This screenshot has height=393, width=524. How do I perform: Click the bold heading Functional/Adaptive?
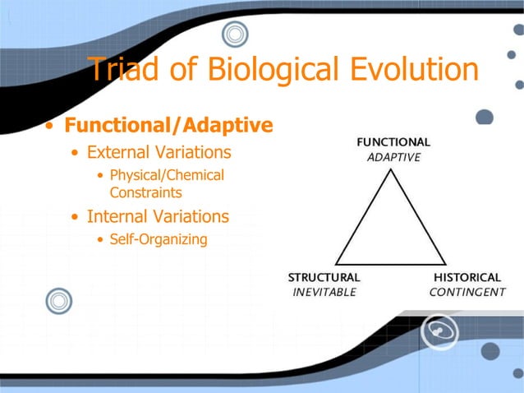pos(168,126)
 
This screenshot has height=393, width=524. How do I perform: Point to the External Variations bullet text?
pos(159,153)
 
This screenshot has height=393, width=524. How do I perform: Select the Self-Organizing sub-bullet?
pos(158,240)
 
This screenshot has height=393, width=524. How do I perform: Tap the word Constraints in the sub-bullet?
pos(145,192)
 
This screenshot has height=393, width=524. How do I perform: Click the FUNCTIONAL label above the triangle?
pos(392,142)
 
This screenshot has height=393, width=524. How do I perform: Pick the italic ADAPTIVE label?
pos(393,157)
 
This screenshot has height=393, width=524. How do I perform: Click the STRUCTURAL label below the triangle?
pos(324,277)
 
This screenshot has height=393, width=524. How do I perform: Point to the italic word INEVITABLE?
pos(324,292)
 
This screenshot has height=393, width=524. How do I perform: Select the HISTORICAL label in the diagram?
pos(467,277)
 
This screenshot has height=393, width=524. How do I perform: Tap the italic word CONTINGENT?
pos(467,292)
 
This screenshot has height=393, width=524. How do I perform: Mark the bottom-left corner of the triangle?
pos(336,263)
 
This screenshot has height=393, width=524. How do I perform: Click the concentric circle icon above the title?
pos(235,35)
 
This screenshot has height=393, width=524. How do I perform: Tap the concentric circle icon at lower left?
pos(60,302)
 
